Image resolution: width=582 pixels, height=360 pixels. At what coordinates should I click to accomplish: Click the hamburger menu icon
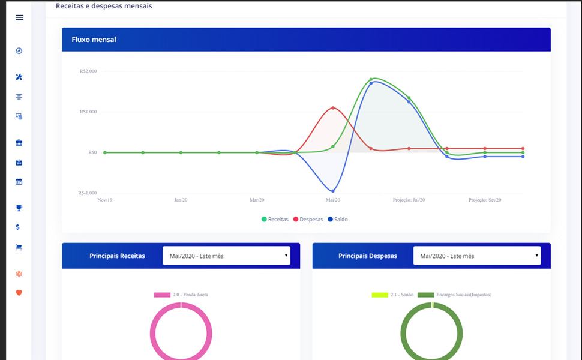coord(19,17)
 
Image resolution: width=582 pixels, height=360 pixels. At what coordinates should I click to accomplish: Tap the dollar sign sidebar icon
coord(19,227)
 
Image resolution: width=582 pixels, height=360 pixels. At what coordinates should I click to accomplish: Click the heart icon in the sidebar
coord(19,293)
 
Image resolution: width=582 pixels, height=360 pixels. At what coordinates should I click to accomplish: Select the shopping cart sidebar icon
coord(19,247)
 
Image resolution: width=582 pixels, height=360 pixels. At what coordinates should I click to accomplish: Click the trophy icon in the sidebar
coord(19,208)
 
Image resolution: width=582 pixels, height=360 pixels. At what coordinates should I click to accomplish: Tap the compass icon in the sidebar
coord(19,51)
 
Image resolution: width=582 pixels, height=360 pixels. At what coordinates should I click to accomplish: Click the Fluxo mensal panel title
coord(94,40)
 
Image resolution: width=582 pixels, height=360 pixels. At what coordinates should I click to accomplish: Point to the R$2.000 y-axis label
coord(88,71)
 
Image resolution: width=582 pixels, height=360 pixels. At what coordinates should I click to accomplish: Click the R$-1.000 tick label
coord(88,193)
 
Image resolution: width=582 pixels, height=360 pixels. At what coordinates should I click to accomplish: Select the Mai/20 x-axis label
coord(333,200)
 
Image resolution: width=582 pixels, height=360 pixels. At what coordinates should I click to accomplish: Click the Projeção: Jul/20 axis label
coord(409,200)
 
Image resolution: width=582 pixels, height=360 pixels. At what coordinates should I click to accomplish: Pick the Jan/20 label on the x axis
coord(181,200)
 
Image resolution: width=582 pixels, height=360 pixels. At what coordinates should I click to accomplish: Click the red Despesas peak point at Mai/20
coord(333,108)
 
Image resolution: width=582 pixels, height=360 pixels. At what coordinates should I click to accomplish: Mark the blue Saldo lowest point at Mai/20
coord(333,191)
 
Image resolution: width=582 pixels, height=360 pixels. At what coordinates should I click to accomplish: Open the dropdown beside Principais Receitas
coord(226,256)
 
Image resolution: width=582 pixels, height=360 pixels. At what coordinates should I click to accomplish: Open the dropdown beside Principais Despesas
coord(477,256)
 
